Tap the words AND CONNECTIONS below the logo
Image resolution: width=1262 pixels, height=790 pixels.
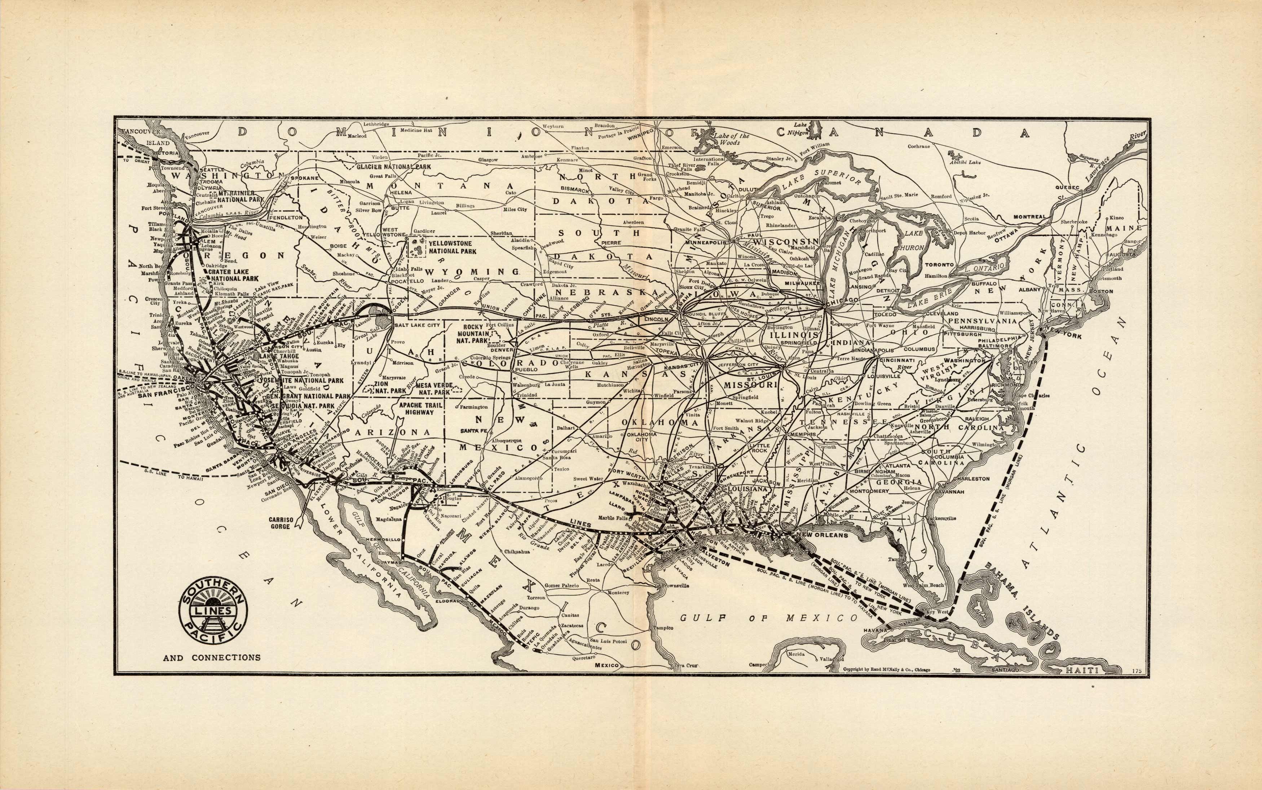coord(212,658)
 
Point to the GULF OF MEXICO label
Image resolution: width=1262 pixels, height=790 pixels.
coord(768,618)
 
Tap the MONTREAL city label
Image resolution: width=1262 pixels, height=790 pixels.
coord(1029,216)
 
